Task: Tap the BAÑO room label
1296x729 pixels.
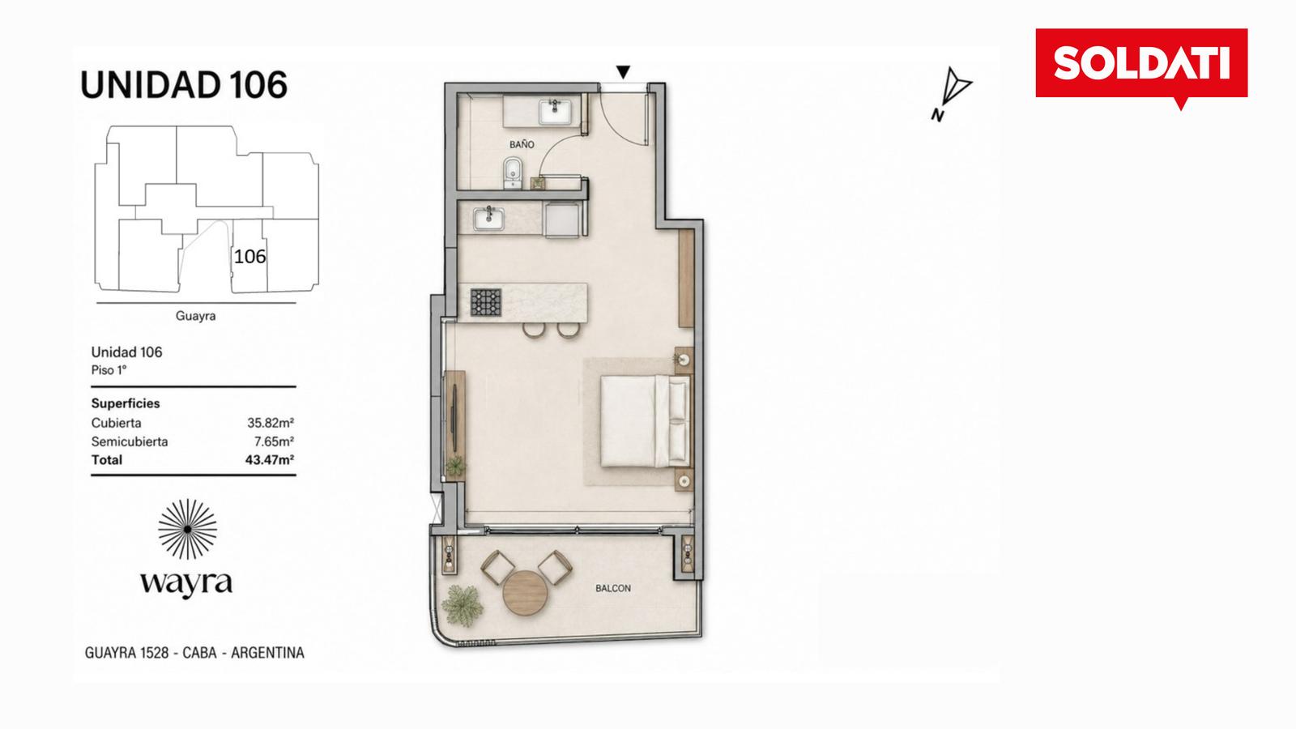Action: click(522, 144)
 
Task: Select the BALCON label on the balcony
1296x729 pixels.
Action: click(613, 588)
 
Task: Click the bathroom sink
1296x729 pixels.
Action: click(555, 112)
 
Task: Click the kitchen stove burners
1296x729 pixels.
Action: click(486, 302)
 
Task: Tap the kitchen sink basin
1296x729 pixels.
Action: click(489, 219)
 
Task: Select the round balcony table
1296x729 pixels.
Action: click(525, 592)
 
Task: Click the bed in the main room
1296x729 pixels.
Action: click(645, 420)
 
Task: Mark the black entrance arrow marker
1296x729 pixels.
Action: click(623, 72)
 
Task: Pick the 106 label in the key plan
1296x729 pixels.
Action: click(250, 256)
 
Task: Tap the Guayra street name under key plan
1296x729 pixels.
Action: click(195, 316)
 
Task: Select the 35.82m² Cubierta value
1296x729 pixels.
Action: click(271, 423)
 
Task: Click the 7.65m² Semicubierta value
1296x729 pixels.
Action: click(275, 441)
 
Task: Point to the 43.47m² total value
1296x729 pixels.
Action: click(270, 460)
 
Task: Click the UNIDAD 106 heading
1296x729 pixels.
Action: click(183, 84)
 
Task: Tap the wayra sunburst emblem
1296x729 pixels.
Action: click(187, 530)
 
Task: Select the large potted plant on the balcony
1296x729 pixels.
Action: click(463, 606)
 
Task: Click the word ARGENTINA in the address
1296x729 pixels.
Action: click(267, 653)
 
